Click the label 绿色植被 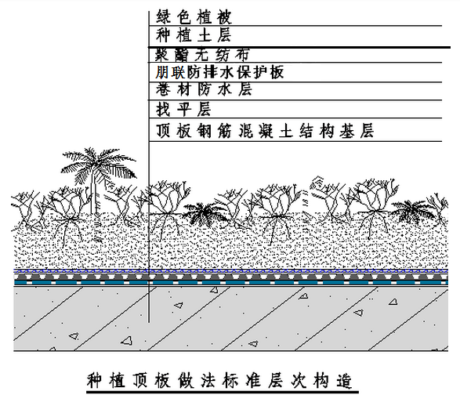pos(194,17)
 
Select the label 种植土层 pos(194,35)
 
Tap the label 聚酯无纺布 pos(202,55)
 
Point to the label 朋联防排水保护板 pos(219,72)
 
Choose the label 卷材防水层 pos(204,89)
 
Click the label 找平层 pos(183,109)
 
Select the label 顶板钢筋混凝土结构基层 pos(265,131)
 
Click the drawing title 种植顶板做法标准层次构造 pos(219,381)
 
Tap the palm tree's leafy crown pos(98,166)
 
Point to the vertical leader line pos(149,167)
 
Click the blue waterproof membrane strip pos(230,282)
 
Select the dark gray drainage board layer pos(230,277)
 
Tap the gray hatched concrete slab pos(230,318)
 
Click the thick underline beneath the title pos(223,392)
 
